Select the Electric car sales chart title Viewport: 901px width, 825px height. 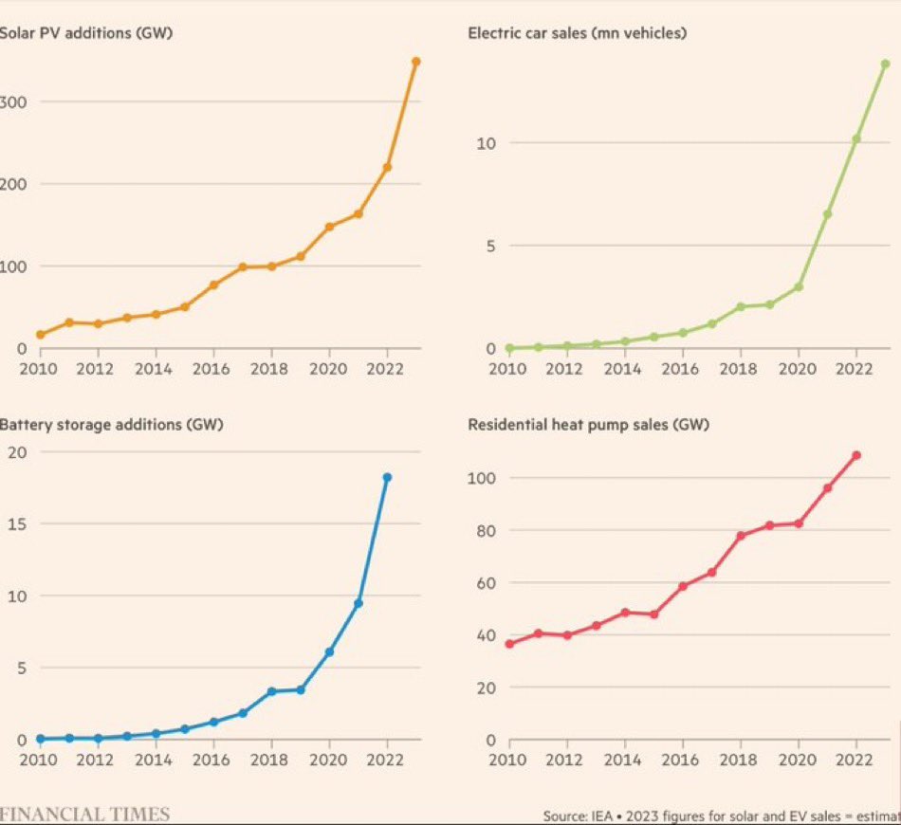[577, 33]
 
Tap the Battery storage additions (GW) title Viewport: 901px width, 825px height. [111, 425]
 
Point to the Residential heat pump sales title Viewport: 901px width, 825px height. [588, 425]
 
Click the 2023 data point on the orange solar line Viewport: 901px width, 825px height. [415, 62]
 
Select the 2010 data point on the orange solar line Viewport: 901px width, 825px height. [40, 335]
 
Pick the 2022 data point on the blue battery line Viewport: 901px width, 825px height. [387, 477]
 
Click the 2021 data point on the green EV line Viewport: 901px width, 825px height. [827, 214]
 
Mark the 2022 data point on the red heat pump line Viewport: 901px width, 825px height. [856, 455]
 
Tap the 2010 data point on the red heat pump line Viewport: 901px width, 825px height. [509, 644]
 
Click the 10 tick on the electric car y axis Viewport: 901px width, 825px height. [485, 143]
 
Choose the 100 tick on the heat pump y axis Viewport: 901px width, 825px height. [482, 478]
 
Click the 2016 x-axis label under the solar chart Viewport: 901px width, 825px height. [212, 369]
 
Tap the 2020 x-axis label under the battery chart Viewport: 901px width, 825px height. [328, 761]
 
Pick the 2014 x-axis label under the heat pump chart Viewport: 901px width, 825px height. [625, 761]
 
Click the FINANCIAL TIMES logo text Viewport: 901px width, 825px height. [85, 814]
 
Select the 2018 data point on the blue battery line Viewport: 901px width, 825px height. [271, 691]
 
